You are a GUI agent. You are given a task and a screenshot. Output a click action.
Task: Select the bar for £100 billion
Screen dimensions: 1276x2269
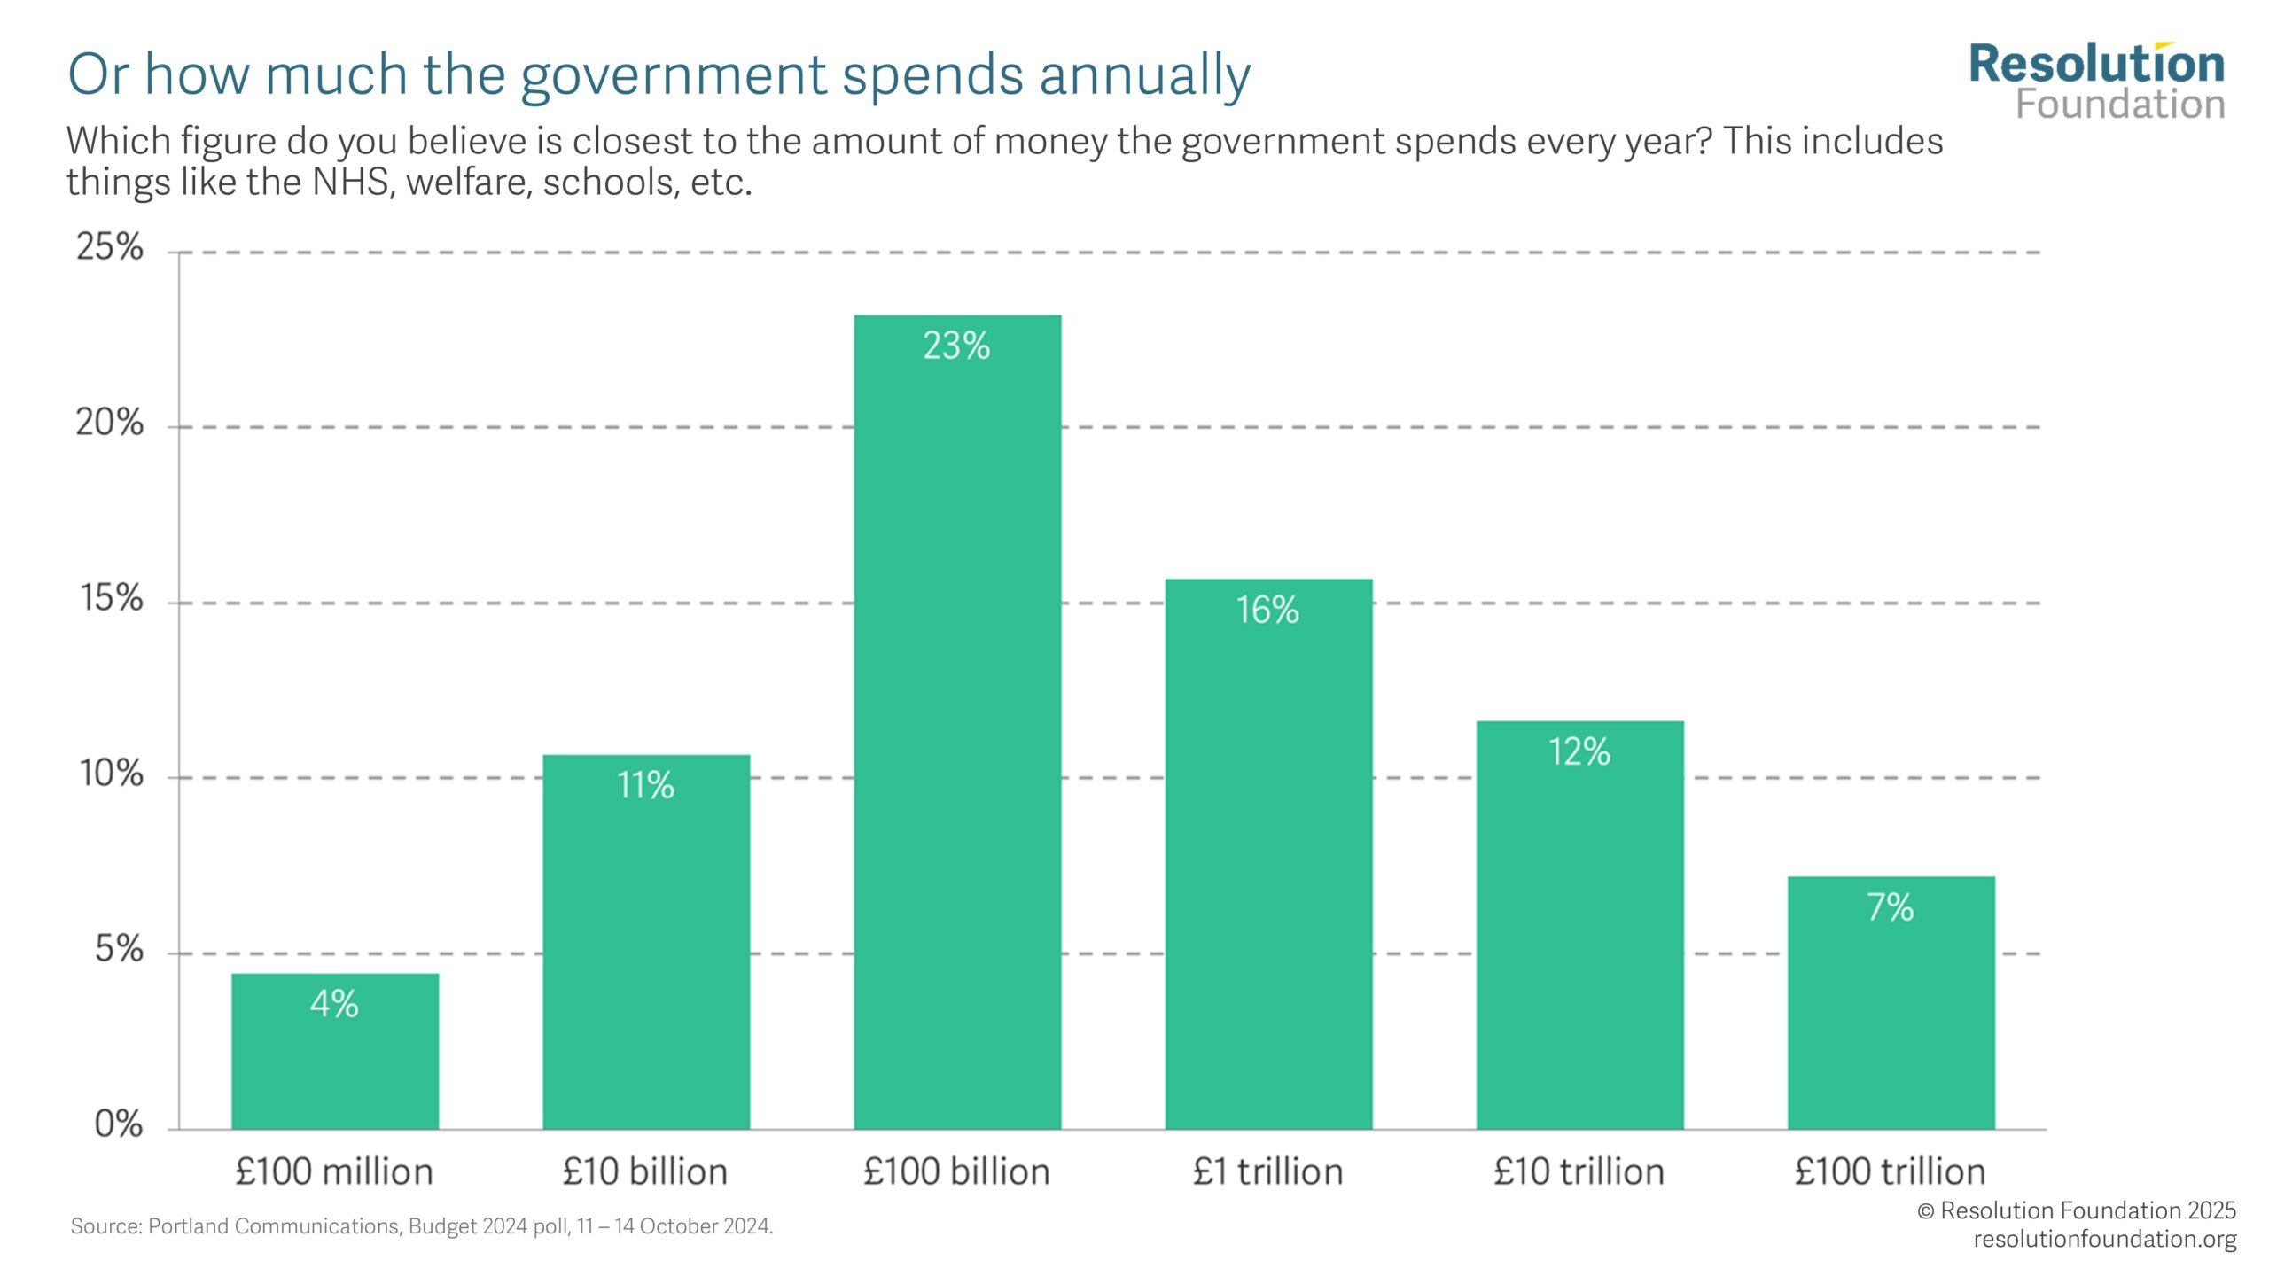(x=957, y=722)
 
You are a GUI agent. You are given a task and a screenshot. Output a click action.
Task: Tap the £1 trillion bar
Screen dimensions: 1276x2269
(x=1268, y=854)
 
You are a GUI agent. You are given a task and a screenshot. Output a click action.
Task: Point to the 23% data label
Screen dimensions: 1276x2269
(x=956, y=346)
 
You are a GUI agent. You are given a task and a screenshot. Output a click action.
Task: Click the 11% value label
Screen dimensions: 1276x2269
(x=645, y=785)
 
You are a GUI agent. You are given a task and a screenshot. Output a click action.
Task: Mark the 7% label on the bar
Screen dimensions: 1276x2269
(x=1890, y=907)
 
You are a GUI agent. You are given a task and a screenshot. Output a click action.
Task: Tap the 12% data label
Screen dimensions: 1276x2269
(x=1579, y=752)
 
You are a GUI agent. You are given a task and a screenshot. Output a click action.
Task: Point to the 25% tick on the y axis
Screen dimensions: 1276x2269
(x=109, y=247)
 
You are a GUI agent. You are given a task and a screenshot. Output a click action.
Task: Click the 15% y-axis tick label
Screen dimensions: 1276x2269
(x=111, y=599)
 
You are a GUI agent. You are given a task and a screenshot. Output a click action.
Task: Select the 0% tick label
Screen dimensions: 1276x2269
(x=118, y=1124)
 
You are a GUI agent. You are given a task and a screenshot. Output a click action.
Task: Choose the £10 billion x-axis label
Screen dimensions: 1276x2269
(x=645, y=1172)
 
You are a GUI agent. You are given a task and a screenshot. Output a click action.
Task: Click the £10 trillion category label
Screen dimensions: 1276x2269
(x=1579, y=1172)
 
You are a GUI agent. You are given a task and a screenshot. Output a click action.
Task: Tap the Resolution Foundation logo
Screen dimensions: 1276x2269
(x=2097, y=82)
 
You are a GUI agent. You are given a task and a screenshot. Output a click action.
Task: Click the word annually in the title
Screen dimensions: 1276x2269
(x=1144, y=74)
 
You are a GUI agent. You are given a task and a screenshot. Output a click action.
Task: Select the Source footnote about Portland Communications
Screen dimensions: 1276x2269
(x=422, y=1226)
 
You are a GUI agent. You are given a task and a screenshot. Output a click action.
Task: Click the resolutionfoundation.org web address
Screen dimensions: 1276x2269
(x=2104, y=1239)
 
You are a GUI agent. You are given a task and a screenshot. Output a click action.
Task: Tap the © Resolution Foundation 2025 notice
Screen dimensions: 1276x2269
(x=2076, y=1210)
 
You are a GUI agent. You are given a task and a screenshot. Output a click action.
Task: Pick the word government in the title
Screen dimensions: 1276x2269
(x=673, y=74)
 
